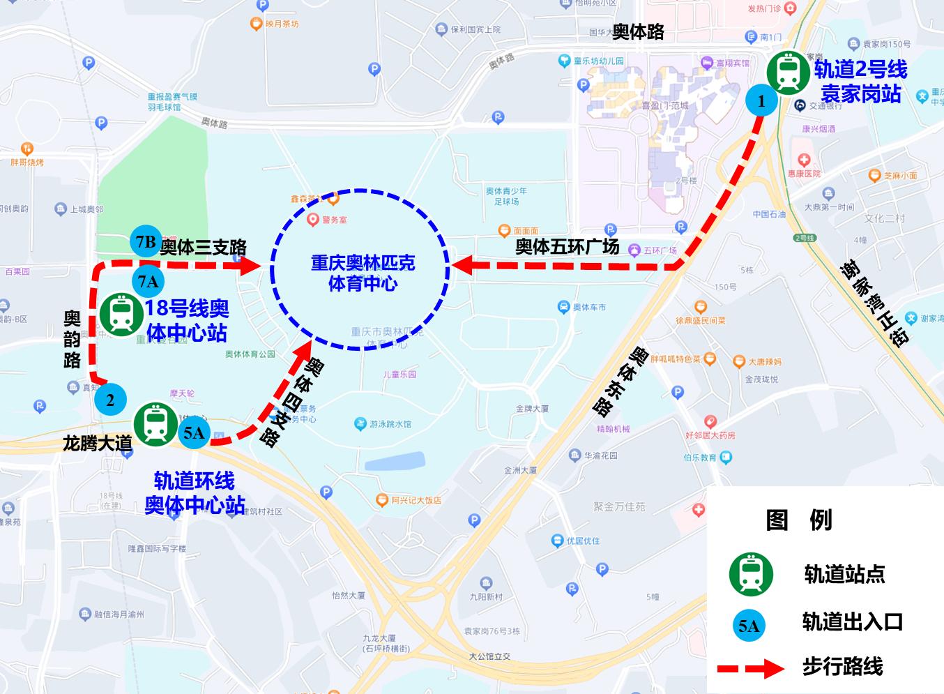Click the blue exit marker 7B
point(146,242)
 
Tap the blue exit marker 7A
point(149,282)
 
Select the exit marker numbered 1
point(761,101)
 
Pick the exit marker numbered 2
point(110,400)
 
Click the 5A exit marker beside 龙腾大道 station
point(194,433)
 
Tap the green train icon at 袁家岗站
point(789,72)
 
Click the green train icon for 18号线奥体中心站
point(123,314)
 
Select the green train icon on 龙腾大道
point(155,424)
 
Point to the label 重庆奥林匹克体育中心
point(363,273)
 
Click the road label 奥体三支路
point(203,248)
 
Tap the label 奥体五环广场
point(567,246)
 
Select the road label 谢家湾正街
point(875,301)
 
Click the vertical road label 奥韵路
point(72,339)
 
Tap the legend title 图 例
point(799,520)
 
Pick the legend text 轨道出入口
point(852,621)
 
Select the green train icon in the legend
point(751,574)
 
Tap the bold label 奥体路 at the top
point(638,31)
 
